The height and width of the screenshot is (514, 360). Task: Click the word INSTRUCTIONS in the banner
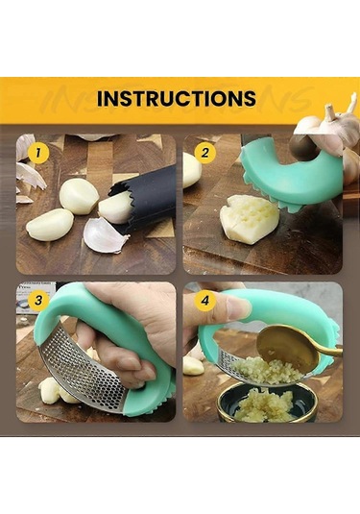coord(177,98)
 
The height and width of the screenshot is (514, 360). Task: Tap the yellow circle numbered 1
coord(38,153)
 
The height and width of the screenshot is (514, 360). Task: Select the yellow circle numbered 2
coord(205,153)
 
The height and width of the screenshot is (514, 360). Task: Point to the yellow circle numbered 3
coord(38,300)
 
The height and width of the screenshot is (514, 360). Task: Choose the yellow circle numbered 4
coord(205,300)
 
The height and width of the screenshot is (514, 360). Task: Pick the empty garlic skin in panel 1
coord(102,234)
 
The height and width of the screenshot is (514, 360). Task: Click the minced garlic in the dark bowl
coord(262,404)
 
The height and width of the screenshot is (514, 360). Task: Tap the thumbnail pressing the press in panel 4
coord(239,309)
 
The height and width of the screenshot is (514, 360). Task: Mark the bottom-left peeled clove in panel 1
coord(50,225)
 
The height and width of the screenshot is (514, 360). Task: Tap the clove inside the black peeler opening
coord(115,208)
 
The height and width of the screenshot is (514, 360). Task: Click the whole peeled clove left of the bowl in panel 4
coord(193,365)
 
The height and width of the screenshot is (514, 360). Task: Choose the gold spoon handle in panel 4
coord(328,352)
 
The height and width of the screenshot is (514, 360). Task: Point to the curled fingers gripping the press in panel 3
coord(128,360)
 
